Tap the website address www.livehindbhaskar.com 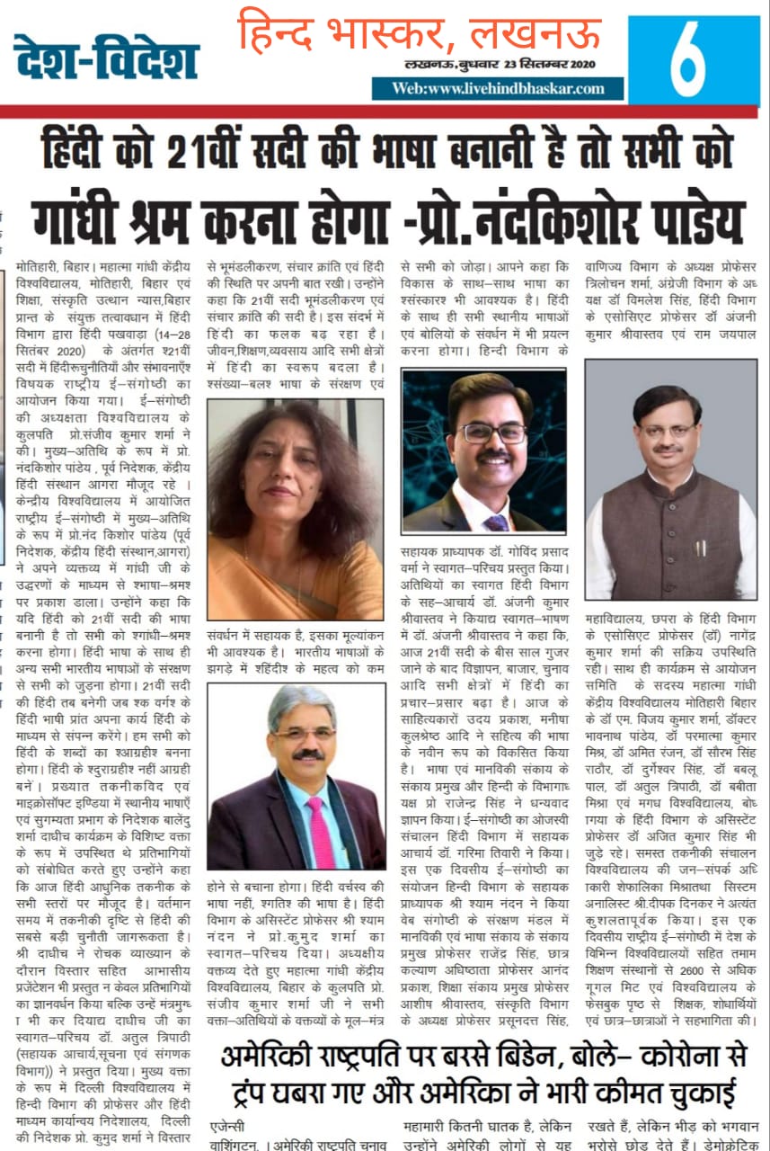point(499,88)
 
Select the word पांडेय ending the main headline point(678,217)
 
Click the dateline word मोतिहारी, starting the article point(44,267)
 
